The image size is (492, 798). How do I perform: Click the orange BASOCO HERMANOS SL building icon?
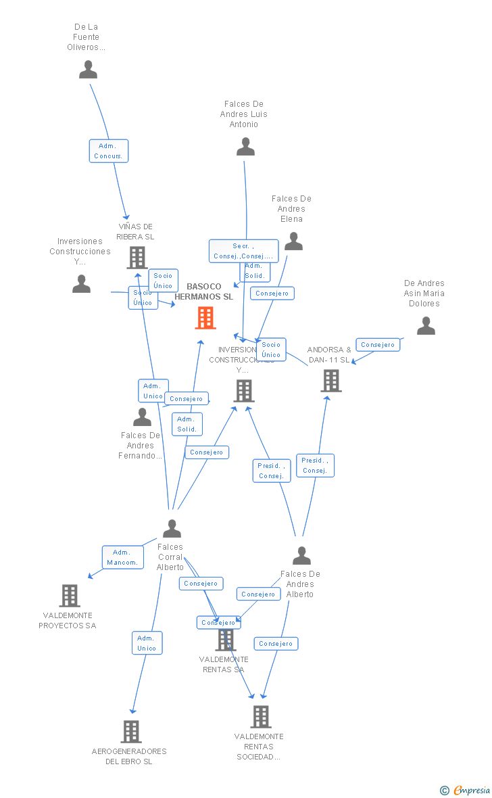pos(205,318)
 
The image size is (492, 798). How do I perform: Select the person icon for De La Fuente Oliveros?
pos(88,70)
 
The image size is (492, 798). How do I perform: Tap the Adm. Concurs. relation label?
pos(108,151)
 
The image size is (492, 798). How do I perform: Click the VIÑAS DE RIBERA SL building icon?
pos(137,258)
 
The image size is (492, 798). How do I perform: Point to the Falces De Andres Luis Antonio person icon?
pos(245,147)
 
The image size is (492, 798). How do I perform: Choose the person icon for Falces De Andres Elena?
pos(293,241)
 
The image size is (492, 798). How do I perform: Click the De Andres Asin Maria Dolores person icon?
pos(426,326)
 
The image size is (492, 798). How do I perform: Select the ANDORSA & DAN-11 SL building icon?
pos(331,381)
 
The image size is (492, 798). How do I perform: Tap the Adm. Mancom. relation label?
pos(122,557)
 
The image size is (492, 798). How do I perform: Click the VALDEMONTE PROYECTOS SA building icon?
pos(70,596)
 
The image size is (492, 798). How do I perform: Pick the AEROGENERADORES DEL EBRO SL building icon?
pos(131,732)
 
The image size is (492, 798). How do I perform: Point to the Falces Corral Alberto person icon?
pos(172,528)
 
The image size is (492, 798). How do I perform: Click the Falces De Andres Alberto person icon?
pos(301,555)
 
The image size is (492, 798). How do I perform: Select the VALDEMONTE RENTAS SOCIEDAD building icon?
pos(261,717)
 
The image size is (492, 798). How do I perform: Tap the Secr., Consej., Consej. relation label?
pos(243,251)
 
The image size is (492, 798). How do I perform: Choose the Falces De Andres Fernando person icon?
pos(143,417)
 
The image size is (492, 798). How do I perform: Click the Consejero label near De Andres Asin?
pos(377,345)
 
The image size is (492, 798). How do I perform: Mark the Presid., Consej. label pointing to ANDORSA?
pos(315,465)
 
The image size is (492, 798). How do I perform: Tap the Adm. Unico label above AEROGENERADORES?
pos(147,643)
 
